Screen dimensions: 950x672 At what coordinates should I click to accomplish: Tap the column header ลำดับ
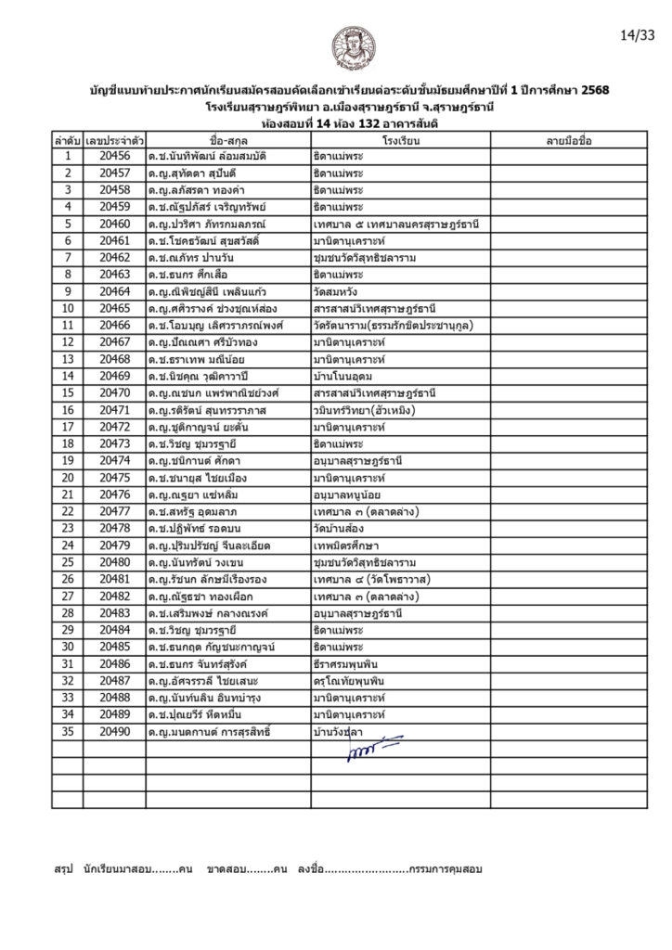point(67,140)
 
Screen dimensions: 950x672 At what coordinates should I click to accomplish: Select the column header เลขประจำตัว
point(113,140)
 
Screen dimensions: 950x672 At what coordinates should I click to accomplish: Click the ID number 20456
point(113,156)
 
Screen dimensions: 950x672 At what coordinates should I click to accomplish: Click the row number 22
point(67,511)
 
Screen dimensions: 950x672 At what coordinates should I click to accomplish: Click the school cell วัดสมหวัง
point(340,291)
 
